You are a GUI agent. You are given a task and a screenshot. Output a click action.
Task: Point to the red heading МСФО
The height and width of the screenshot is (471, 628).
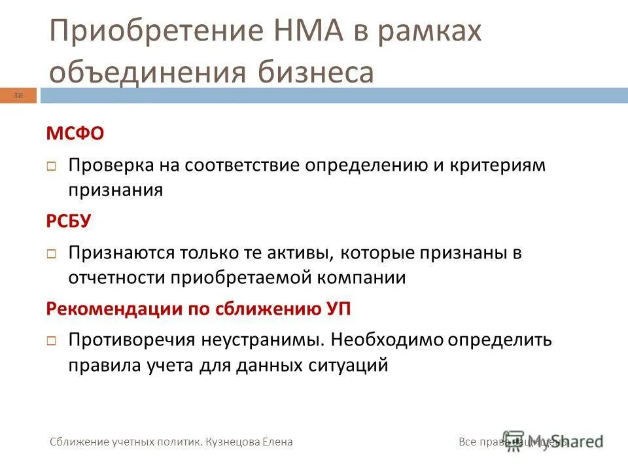point(75,134)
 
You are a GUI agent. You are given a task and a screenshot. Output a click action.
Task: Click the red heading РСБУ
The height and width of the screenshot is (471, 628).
point(69,221)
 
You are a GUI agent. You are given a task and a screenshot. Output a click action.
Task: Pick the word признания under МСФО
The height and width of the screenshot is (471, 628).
point(115,190)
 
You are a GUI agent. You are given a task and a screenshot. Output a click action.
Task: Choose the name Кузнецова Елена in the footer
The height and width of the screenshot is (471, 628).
point(249,442)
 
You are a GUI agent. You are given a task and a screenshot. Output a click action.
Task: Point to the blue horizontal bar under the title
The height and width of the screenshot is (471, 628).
point(327,97)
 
